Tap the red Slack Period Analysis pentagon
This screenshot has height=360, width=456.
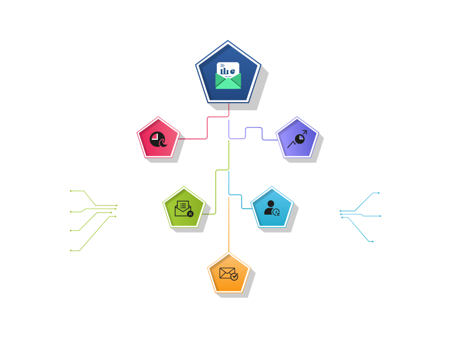click(x=158, y=139)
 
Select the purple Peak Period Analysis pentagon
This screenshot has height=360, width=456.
click(x=297, y=139)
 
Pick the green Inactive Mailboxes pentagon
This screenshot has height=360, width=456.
click(x=184, y=208)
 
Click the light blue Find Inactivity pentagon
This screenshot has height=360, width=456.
click(x=272, y=208)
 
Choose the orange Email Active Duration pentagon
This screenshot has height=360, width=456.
click(x=229, y=273)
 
